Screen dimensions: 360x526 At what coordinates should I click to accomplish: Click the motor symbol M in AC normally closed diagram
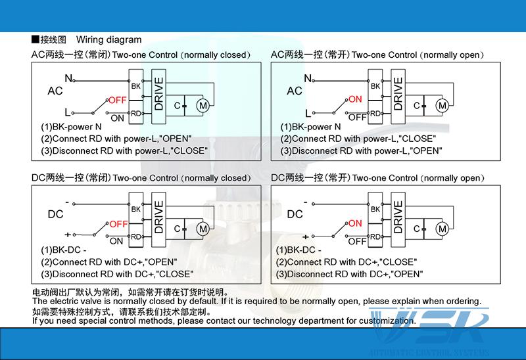[203, 105]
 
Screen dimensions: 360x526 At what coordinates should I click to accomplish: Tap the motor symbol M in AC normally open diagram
[442, 105]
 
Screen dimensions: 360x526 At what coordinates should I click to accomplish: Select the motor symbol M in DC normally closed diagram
[203, 228]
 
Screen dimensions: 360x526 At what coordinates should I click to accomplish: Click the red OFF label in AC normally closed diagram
[117, 100]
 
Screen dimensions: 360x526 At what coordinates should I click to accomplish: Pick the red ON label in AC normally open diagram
[356, 99]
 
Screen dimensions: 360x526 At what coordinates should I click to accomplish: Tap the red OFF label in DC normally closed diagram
[118, 224]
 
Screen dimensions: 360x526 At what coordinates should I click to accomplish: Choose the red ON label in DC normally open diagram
[355, 223]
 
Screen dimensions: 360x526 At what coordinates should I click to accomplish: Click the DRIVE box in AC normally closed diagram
[158, 93]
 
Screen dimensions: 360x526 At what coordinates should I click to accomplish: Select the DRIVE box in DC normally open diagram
[398, 217]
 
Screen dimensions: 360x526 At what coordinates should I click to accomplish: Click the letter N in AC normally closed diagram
[68, 79]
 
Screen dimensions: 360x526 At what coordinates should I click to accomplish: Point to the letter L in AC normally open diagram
[307, 112]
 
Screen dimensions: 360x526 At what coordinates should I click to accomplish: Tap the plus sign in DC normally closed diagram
[67, 235]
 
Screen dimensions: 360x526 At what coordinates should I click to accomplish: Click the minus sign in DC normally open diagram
[306, 200]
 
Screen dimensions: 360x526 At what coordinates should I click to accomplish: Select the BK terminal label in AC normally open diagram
[375, 86]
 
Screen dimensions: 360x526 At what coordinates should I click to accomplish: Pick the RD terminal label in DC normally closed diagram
[136, 236]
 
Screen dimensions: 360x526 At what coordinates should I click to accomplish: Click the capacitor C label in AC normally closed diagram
[177, 105]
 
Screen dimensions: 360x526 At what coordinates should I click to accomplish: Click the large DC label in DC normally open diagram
[295, 214]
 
